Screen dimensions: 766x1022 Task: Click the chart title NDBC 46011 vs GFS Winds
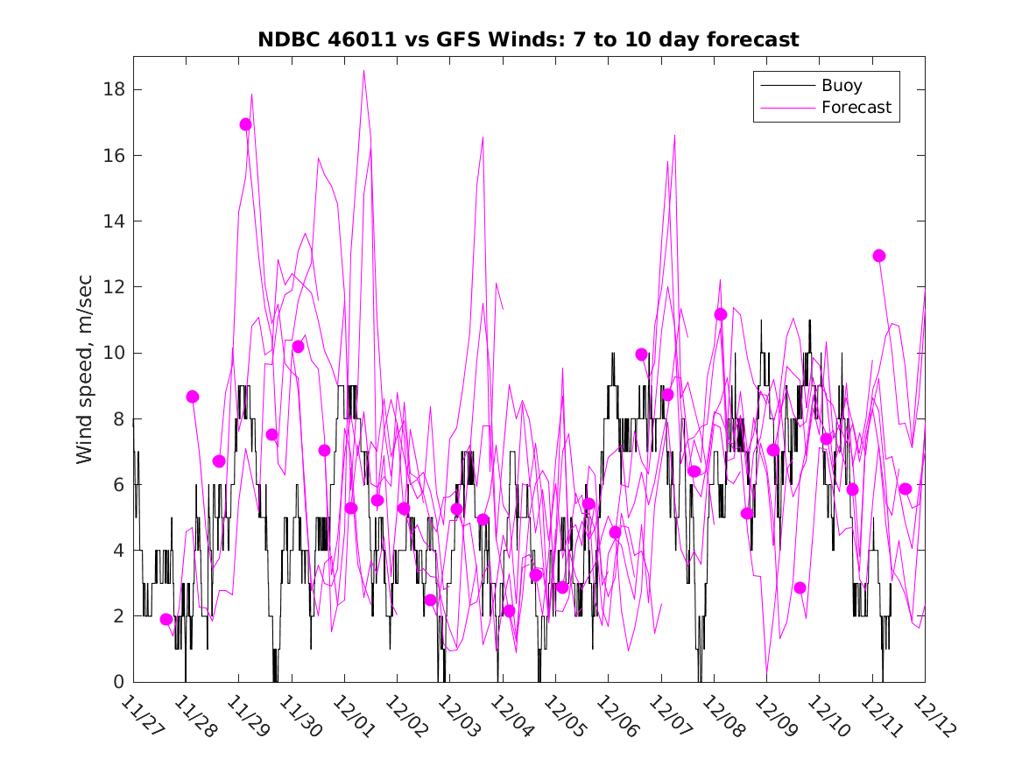528,40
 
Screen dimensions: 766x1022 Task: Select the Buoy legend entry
841,86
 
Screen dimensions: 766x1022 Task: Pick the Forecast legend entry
856,108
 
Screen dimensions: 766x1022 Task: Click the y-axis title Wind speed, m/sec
85,369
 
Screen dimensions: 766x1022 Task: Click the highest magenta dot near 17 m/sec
245,124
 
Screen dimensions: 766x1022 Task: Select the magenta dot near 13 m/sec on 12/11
879,256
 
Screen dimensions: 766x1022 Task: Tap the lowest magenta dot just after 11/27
166,619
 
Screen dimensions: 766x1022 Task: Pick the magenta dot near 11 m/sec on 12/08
721,314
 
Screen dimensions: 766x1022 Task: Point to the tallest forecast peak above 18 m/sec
363,71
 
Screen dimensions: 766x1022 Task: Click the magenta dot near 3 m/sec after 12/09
800,587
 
